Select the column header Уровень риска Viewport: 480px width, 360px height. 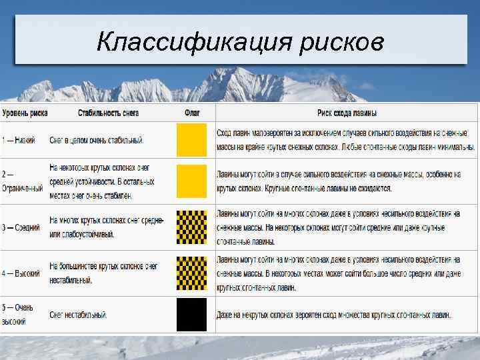24,113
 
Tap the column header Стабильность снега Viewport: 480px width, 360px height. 108,113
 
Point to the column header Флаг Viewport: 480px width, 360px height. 192,113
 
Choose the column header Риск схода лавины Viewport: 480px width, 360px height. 347,113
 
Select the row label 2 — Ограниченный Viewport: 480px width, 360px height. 23,181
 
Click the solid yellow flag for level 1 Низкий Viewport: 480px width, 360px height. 192,141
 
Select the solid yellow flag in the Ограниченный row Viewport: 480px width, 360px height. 192,181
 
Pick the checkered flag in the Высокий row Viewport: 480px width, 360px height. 192,273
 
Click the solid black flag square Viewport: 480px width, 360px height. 192,315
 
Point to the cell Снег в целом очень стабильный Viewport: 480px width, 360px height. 97,141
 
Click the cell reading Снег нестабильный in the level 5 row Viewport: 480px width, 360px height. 78,315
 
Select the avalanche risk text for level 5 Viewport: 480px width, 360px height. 333,315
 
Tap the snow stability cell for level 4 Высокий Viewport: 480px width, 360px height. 103,273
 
